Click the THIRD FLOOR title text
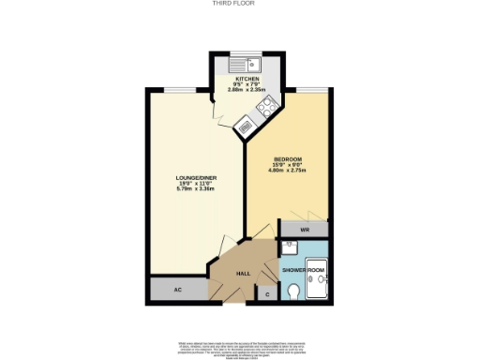click(239, 4)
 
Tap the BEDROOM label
click(287, 157)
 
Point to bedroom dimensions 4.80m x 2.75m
click(287, 172)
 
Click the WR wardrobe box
click(305, 229)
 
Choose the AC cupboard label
click(177, 290)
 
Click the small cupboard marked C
click(267, 294)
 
